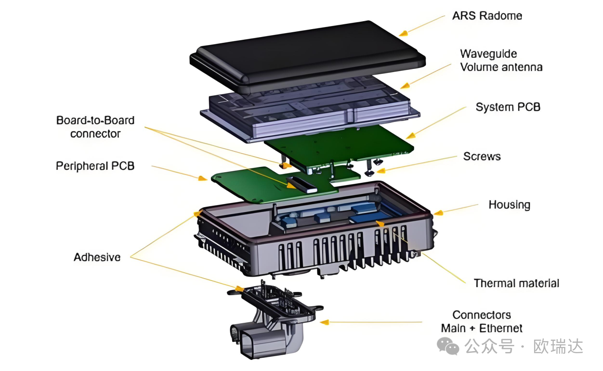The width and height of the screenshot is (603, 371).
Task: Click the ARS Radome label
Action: (487, 16)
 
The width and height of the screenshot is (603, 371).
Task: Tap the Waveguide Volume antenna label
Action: (501, 61)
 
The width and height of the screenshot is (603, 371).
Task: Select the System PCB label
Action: (508, 107)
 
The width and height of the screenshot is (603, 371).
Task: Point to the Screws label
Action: (482, 157)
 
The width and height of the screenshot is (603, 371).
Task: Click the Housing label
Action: (509, 205)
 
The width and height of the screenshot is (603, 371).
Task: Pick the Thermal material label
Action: (516, 283)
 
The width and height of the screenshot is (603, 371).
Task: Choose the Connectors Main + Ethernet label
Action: (482, 322)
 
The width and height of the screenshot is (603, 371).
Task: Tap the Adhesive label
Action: (97, 257)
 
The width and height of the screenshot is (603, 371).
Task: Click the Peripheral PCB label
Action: (95, 166)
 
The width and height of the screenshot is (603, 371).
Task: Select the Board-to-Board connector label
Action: (95, 127)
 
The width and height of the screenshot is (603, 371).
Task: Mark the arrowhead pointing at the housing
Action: (437, 213)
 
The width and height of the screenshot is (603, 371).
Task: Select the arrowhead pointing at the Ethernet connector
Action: (324, 322)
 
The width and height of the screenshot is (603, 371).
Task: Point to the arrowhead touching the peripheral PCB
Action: (203, 178)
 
